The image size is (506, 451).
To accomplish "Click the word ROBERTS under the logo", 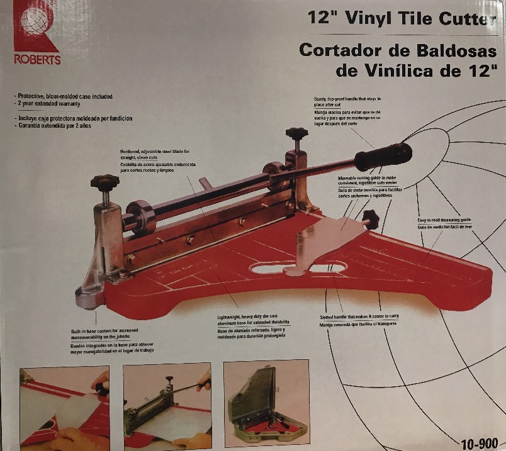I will coord(37,60).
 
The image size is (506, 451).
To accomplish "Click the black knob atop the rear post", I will coord(295,133).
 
